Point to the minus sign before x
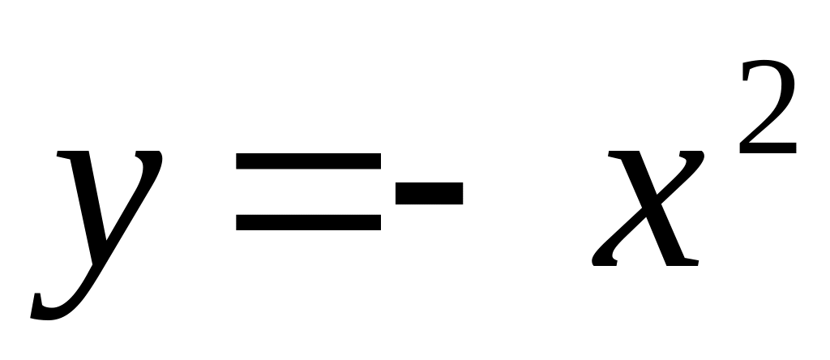[x=428, y=193]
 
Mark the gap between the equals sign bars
[x=308, y=192]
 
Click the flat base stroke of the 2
[x=768, y=149]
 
